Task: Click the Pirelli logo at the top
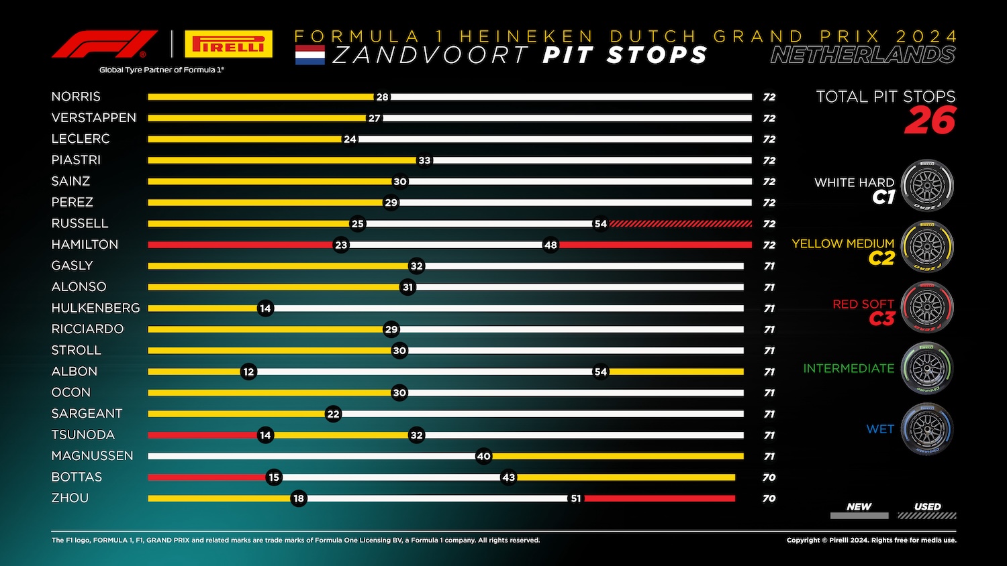[x=228, y=44]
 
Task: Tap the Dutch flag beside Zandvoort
[x=309, y=55]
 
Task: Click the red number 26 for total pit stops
[x=930, y=121]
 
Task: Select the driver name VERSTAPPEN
[x=94, y=118]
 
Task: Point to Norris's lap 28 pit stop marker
[x=382, y=97]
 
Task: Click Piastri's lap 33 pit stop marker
[x=424, y=160]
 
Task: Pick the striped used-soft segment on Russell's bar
[x=680, y=224]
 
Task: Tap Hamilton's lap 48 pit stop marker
[x=550, y=245]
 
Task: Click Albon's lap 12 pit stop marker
[x=249, y=372]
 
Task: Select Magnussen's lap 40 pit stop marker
[x=483, y=456]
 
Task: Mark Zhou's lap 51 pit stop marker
[x=576, y=498]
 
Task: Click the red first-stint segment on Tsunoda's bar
[x=201, y=435]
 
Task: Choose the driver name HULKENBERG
[x=96, y=308]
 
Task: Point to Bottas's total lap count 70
[x=769, y=477]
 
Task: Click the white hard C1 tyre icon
[x=927, y=186]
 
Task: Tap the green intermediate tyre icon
[x=927, y=367]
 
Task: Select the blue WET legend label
[x=880, y=429]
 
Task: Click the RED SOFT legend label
[x=863, y=304]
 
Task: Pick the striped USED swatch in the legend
[x=927, y=516]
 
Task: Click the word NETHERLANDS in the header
[x=863, y=55]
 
